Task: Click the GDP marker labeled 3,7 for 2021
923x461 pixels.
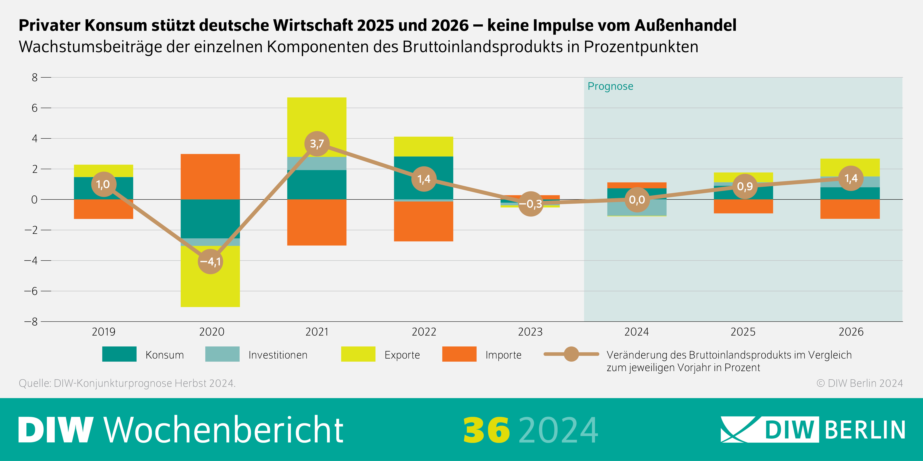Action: coord(317,144)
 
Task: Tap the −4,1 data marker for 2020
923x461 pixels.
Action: coord(210,262)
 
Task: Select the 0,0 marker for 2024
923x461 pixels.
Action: coord(637,200)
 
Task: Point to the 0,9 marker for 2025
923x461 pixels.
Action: coord(745,186)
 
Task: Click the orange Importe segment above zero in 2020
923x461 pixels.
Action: coord(210,177)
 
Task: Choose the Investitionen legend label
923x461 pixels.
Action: coord(278,355)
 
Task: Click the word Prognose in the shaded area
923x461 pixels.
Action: coord(610,86)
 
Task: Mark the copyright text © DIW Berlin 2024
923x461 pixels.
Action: coord(859,383)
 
